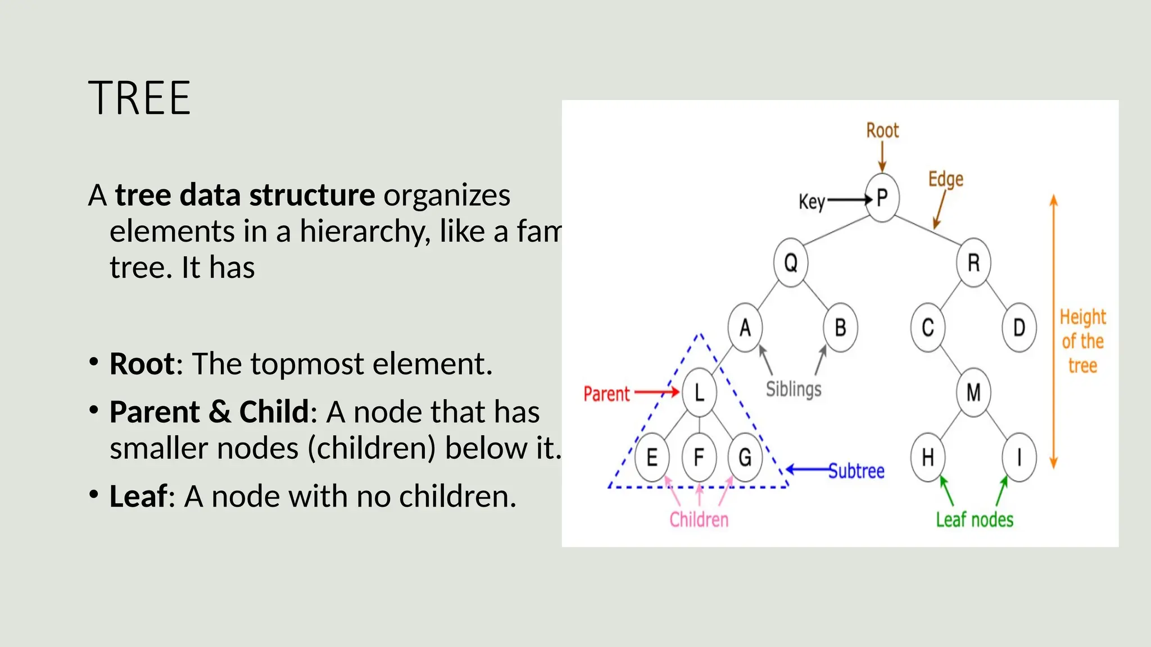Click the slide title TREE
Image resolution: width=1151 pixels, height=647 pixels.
point(139,98)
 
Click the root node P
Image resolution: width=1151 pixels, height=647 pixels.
point(882,198)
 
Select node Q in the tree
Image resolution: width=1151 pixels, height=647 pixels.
point(791,262)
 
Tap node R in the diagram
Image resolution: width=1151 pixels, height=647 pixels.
point(973,262)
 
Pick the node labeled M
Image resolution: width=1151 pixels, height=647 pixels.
point(973,392)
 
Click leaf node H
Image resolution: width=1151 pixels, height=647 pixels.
point(927,457)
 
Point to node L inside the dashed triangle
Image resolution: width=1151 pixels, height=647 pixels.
point(699,392)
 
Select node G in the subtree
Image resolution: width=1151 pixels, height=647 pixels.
point(745,457)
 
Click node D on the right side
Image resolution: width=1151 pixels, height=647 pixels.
point(1019,327)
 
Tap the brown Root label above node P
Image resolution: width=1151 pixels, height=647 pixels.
point(882,130)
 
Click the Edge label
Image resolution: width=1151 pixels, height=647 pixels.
point(946,180)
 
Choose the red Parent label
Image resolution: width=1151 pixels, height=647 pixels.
point(606,394)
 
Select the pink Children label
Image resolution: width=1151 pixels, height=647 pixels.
point(699,520)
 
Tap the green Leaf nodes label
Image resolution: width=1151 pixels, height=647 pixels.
point(975,520)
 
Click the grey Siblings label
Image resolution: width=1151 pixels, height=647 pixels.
point(794,389)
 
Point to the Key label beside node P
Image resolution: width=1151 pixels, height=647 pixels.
point(812,202)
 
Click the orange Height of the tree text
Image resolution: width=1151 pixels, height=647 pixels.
point(1082,341)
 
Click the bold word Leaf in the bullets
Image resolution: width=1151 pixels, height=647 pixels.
point(138,496)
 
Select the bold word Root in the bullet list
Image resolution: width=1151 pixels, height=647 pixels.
point(142,364)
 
